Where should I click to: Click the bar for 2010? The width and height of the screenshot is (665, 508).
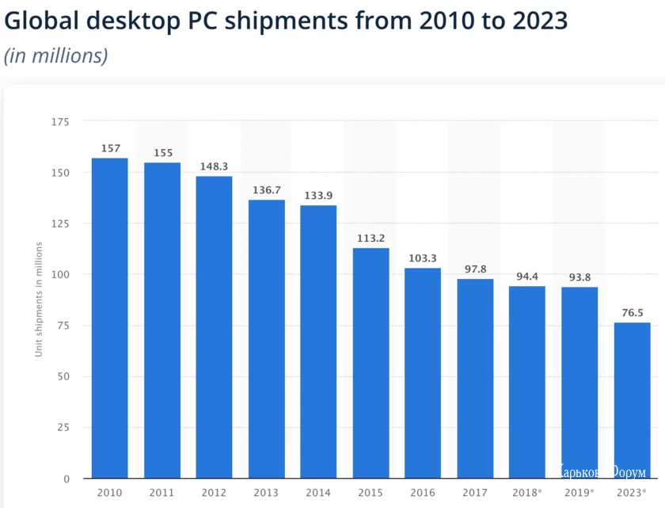coord(109,318)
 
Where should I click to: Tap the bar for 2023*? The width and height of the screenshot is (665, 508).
coord(632,400)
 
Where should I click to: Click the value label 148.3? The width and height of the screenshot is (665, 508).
coord(214,166)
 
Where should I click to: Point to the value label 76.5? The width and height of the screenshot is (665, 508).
coord(632,313)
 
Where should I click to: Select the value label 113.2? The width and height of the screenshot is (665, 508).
coord(370,238)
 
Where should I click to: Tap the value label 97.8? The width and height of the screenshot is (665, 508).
coord(475,269)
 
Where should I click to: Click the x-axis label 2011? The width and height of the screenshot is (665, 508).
coord(161,493)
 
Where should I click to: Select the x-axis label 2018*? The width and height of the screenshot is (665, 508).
coord(527,493)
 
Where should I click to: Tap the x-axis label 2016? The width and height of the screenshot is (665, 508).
coord(423,493)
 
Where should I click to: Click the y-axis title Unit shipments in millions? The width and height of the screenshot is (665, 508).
coord(38,301)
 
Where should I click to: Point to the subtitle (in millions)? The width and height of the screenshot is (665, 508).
coord(55,56)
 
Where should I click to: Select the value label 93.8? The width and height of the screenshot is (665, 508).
coord(579,277)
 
